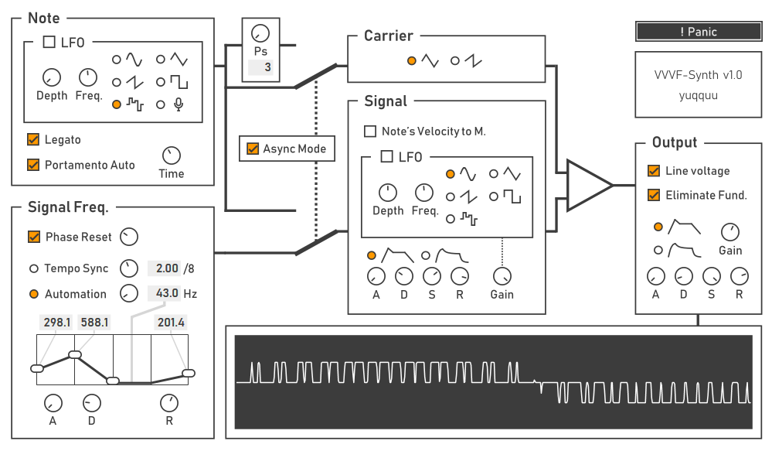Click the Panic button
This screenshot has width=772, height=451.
pos(699,32)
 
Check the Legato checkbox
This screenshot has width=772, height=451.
pos(33,140)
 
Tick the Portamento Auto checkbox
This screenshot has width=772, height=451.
pos(33,165)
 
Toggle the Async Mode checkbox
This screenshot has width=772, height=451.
pos(253,149)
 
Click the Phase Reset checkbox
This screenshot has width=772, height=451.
pos(34,237)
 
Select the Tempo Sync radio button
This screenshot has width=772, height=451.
pos(33,268)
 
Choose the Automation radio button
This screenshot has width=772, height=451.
pos(33,294)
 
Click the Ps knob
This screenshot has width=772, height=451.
pos(261,34)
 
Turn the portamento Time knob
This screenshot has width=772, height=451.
pos(171,155)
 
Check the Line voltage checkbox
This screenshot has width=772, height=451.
pos(654,171)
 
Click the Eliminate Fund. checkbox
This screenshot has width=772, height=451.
pos(654,195)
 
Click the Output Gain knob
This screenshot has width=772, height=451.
pos(729,231)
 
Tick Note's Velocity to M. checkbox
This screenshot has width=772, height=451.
pos(370,132)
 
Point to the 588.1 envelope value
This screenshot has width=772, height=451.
pos(94,322)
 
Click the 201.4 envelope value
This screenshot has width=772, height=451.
pos(171,322)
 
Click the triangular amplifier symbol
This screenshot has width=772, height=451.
pos(587,185)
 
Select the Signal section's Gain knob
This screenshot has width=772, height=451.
pos(502,275)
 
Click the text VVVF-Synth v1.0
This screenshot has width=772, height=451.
pos(698,75)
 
